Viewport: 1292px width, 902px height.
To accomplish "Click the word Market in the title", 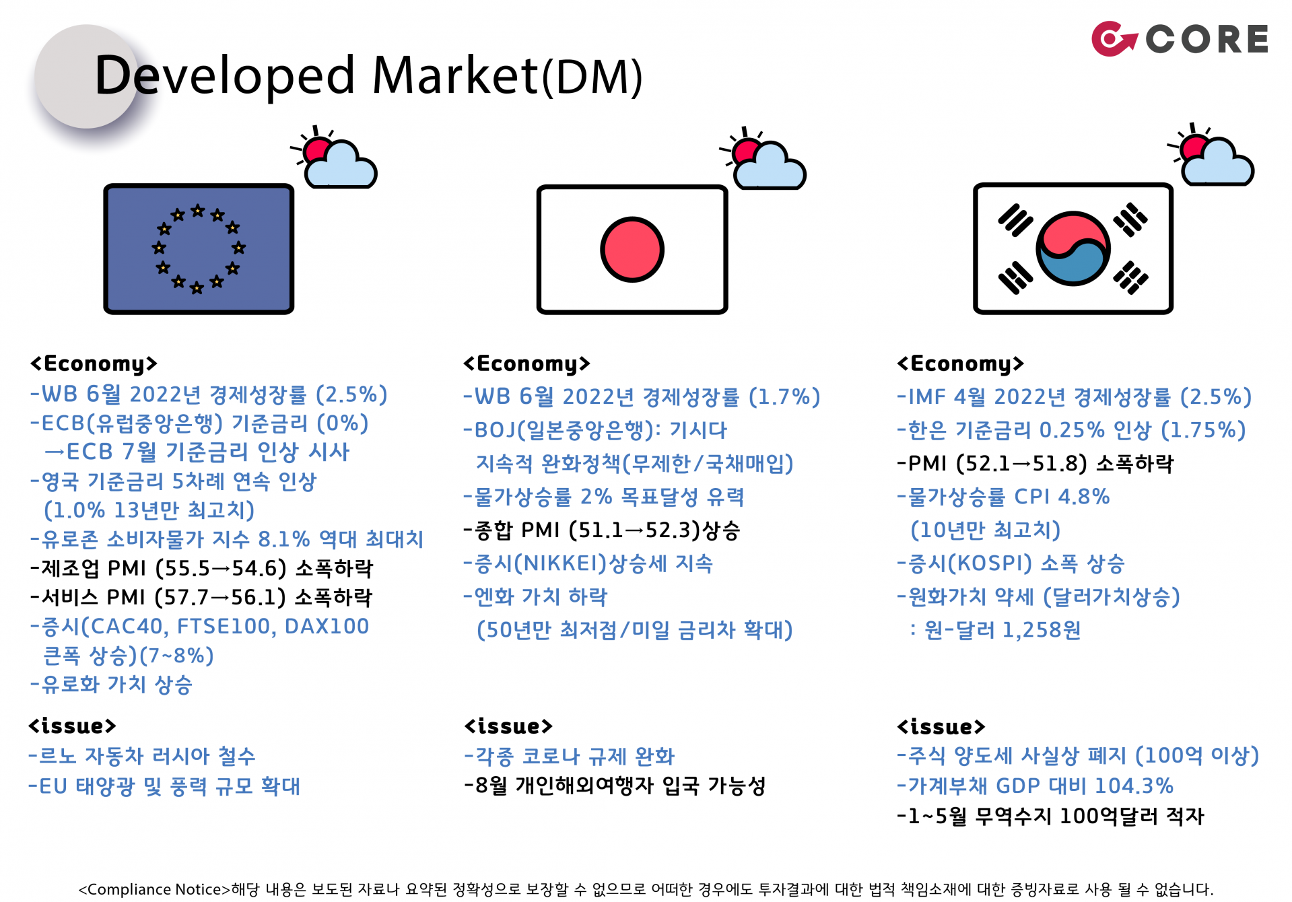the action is coord(456,75).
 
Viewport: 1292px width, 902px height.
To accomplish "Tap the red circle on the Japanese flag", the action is coord(632,249).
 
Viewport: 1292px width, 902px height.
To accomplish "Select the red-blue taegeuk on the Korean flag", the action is coord(1073,248).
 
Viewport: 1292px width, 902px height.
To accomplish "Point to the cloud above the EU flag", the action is coord(341,166).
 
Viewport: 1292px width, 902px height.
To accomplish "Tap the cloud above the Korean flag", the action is coord(1218,163).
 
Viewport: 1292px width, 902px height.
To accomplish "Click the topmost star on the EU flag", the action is coord(197,211).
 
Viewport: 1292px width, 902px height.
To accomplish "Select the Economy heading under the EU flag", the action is coord(94,363).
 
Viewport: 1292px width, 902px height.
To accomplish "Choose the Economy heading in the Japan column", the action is coord(526,363).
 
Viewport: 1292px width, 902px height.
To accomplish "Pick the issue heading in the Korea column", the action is coord(941,726).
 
